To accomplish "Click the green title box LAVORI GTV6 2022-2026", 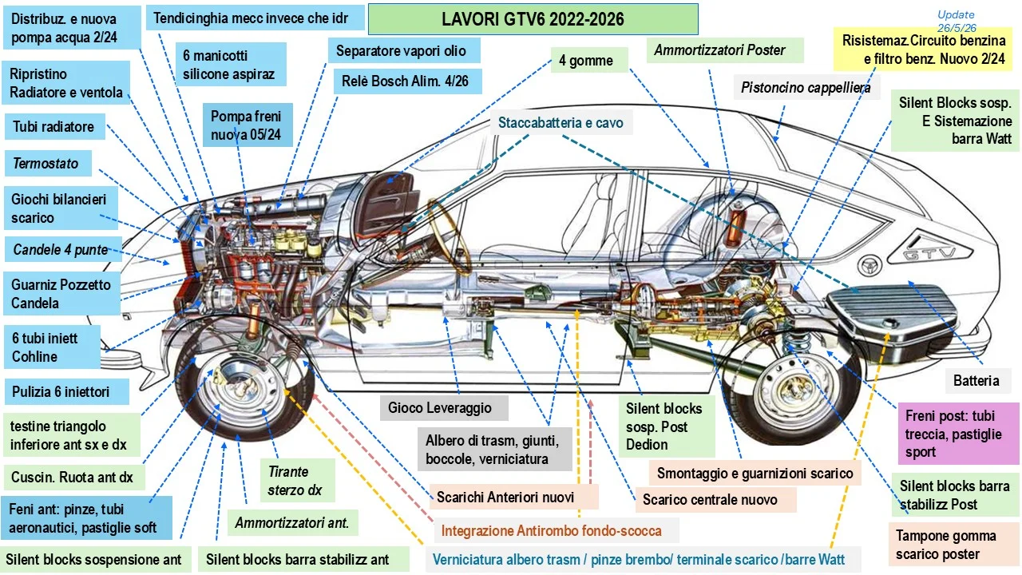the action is (533, 19).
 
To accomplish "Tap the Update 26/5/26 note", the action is (957, 21).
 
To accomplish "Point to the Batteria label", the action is (976, 380).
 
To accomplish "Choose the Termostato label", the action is (48, 163).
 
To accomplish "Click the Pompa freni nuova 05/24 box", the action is (248, 125).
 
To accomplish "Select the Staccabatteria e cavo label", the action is (561, 122).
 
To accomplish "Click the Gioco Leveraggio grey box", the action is (443, 407).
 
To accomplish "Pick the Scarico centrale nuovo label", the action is (716, 499).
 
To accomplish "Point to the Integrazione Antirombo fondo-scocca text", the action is (551, 531).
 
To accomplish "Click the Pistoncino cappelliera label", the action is (806, 87).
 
